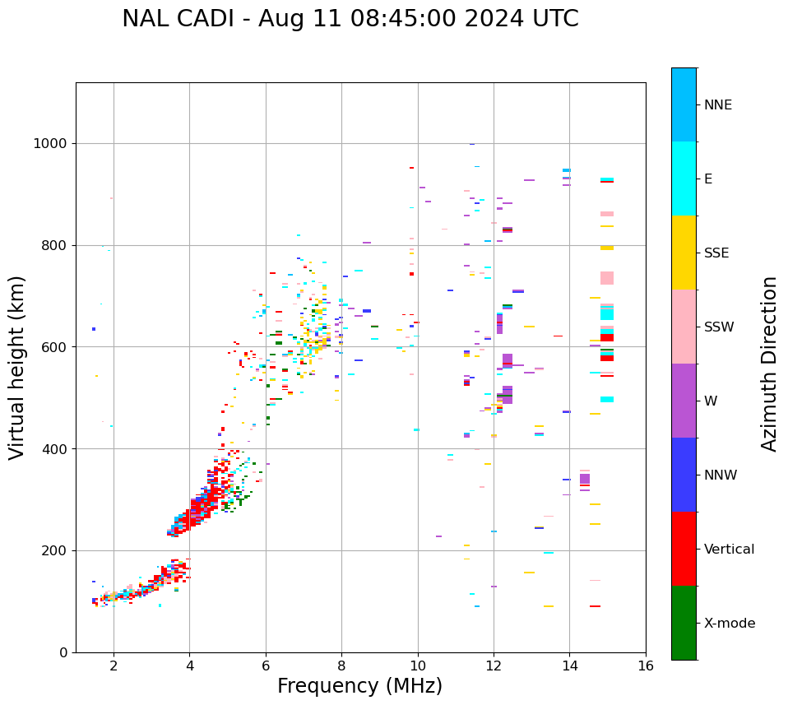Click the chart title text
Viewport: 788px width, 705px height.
click(350, 19)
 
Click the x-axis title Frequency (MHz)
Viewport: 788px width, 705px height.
click(359, 686)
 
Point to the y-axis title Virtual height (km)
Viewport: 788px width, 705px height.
click(17, 368)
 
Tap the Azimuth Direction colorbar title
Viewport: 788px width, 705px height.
click(769, 364)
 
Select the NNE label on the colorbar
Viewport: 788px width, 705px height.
click(718, 105)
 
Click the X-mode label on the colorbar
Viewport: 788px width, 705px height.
click(730, 624)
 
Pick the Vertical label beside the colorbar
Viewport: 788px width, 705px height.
click(729, 550)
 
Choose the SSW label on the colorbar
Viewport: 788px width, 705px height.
click(720, 327)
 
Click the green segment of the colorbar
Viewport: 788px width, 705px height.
click(684, 623)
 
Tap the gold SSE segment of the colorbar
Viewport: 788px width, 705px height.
click(684, 253)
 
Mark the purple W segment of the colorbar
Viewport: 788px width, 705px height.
click(684, 401)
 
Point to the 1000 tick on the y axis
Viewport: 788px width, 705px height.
click(51, 144)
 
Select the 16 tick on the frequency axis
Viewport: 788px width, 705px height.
click(646, 666)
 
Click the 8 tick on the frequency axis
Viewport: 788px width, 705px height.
click(341, 666)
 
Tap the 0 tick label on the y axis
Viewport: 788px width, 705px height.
click(63, 652)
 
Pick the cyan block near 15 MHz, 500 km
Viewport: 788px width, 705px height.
click(607, 400)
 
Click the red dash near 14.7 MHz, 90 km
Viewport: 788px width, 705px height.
click(595, 606)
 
